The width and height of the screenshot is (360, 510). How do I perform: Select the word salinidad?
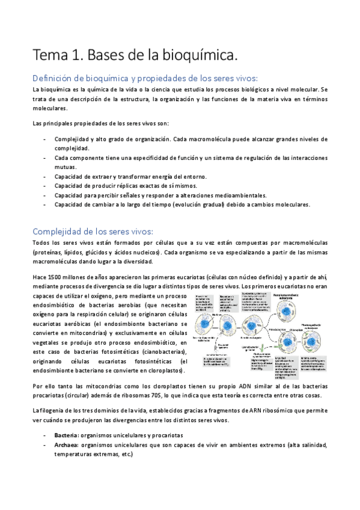point(313,445)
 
